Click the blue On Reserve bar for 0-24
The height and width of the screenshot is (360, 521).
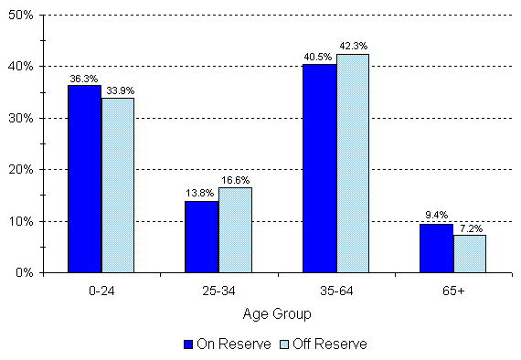84,178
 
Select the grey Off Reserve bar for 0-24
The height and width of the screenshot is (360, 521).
117,185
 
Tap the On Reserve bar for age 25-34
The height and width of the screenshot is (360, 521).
201,236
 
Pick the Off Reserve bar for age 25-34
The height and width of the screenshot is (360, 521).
235,229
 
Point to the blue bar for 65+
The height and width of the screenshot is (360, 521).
436,248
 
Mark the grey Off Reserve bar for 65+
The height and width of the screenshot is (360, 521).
470,253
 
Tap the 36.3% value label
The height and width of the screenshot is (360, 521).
84,78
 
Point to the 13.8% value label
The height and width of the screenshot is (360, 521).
201,194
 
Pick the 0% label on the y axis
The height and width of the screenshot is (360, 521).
25,272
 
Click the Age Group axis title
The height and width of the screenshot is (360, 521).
277,313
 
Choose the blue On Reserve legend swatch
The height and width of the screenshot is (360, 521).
188,344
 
